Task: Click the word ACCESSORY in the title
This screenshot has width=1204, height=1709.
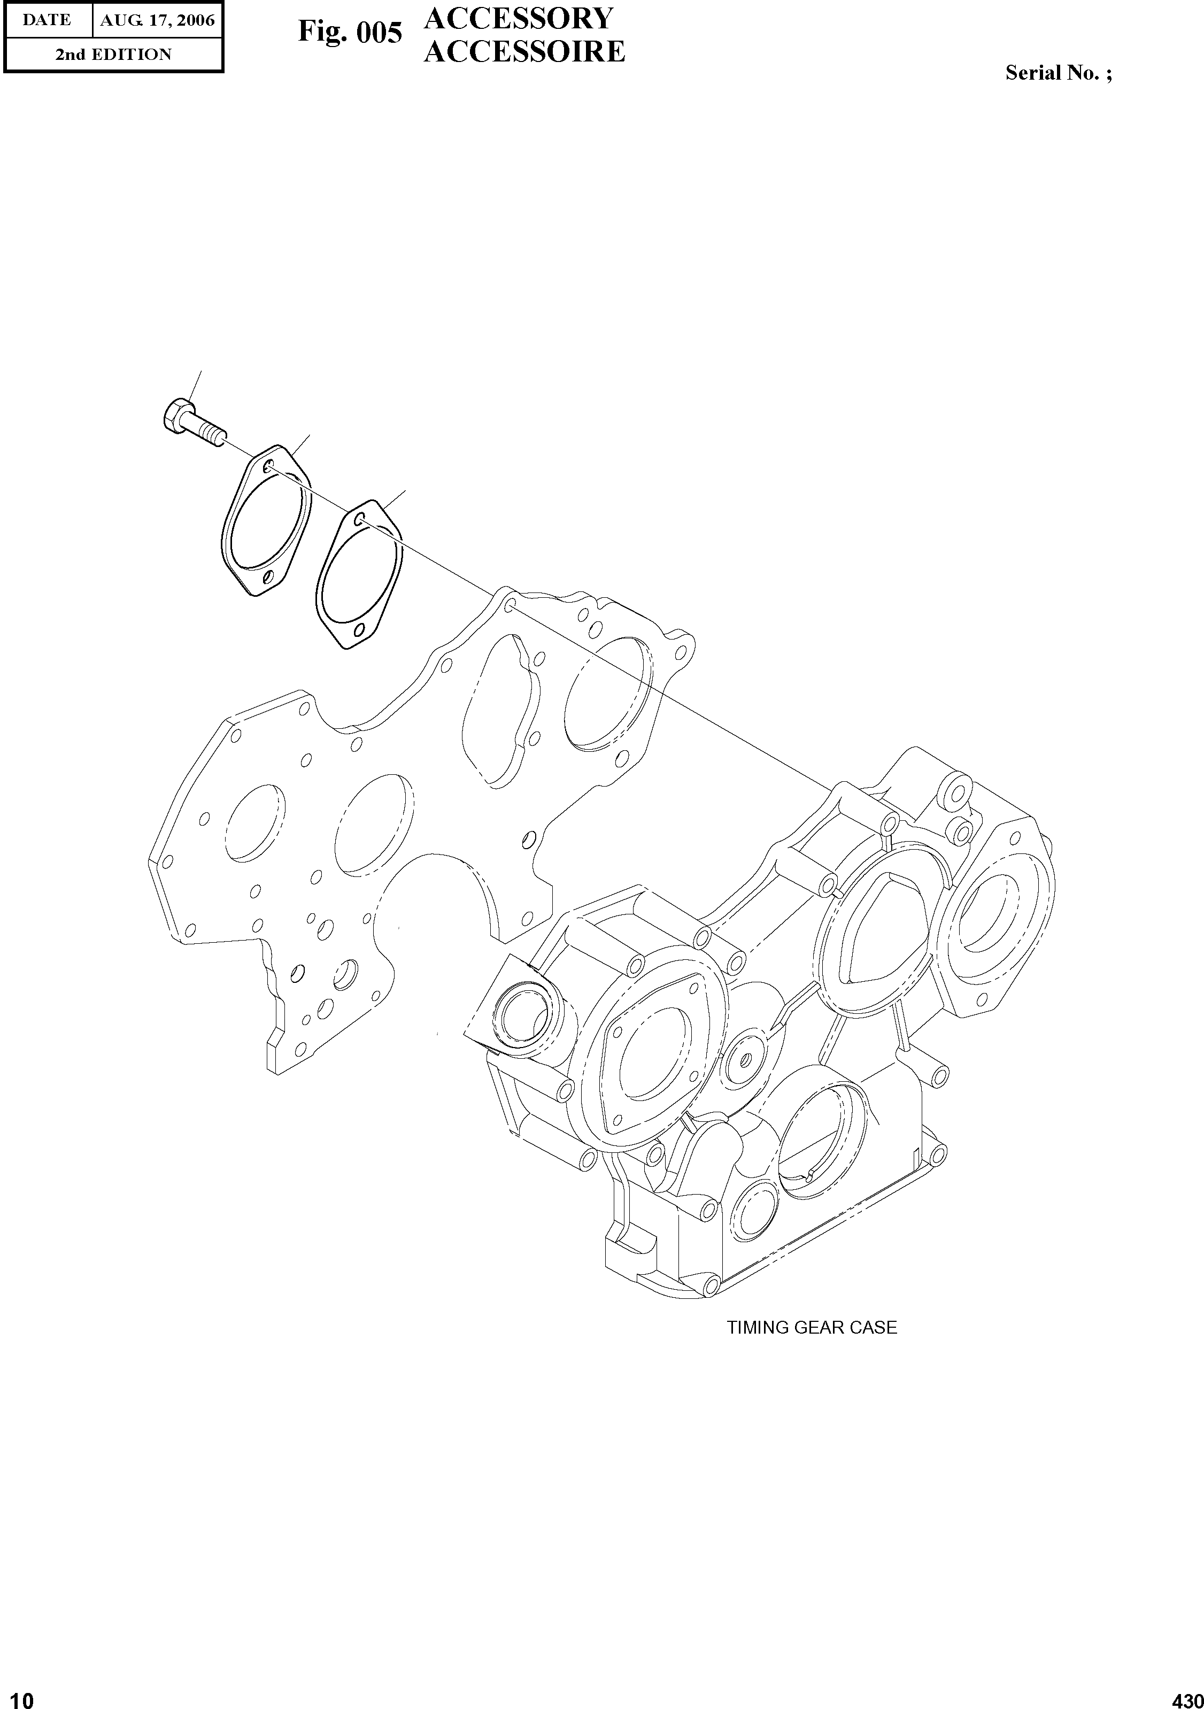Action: coord(519,19)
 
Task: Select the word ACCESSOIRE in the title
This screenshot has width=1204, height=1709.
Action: coord(524,51)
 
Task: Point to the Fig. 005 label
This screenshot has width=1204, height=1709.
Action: coord(350,33)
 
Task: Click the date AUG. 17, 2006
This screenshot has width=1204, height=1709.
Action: coord(157,20)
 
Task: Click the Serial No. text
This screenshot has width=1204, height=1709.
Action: coord(1058,73)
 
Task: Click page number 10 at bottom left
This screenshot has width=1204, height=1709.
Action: coord(17,1695)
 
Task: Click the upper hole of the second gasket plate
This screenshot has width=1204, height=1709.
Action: coord(361,519)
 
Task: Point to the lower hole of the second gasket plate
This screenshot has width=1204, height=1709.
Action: coord(360,630)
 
